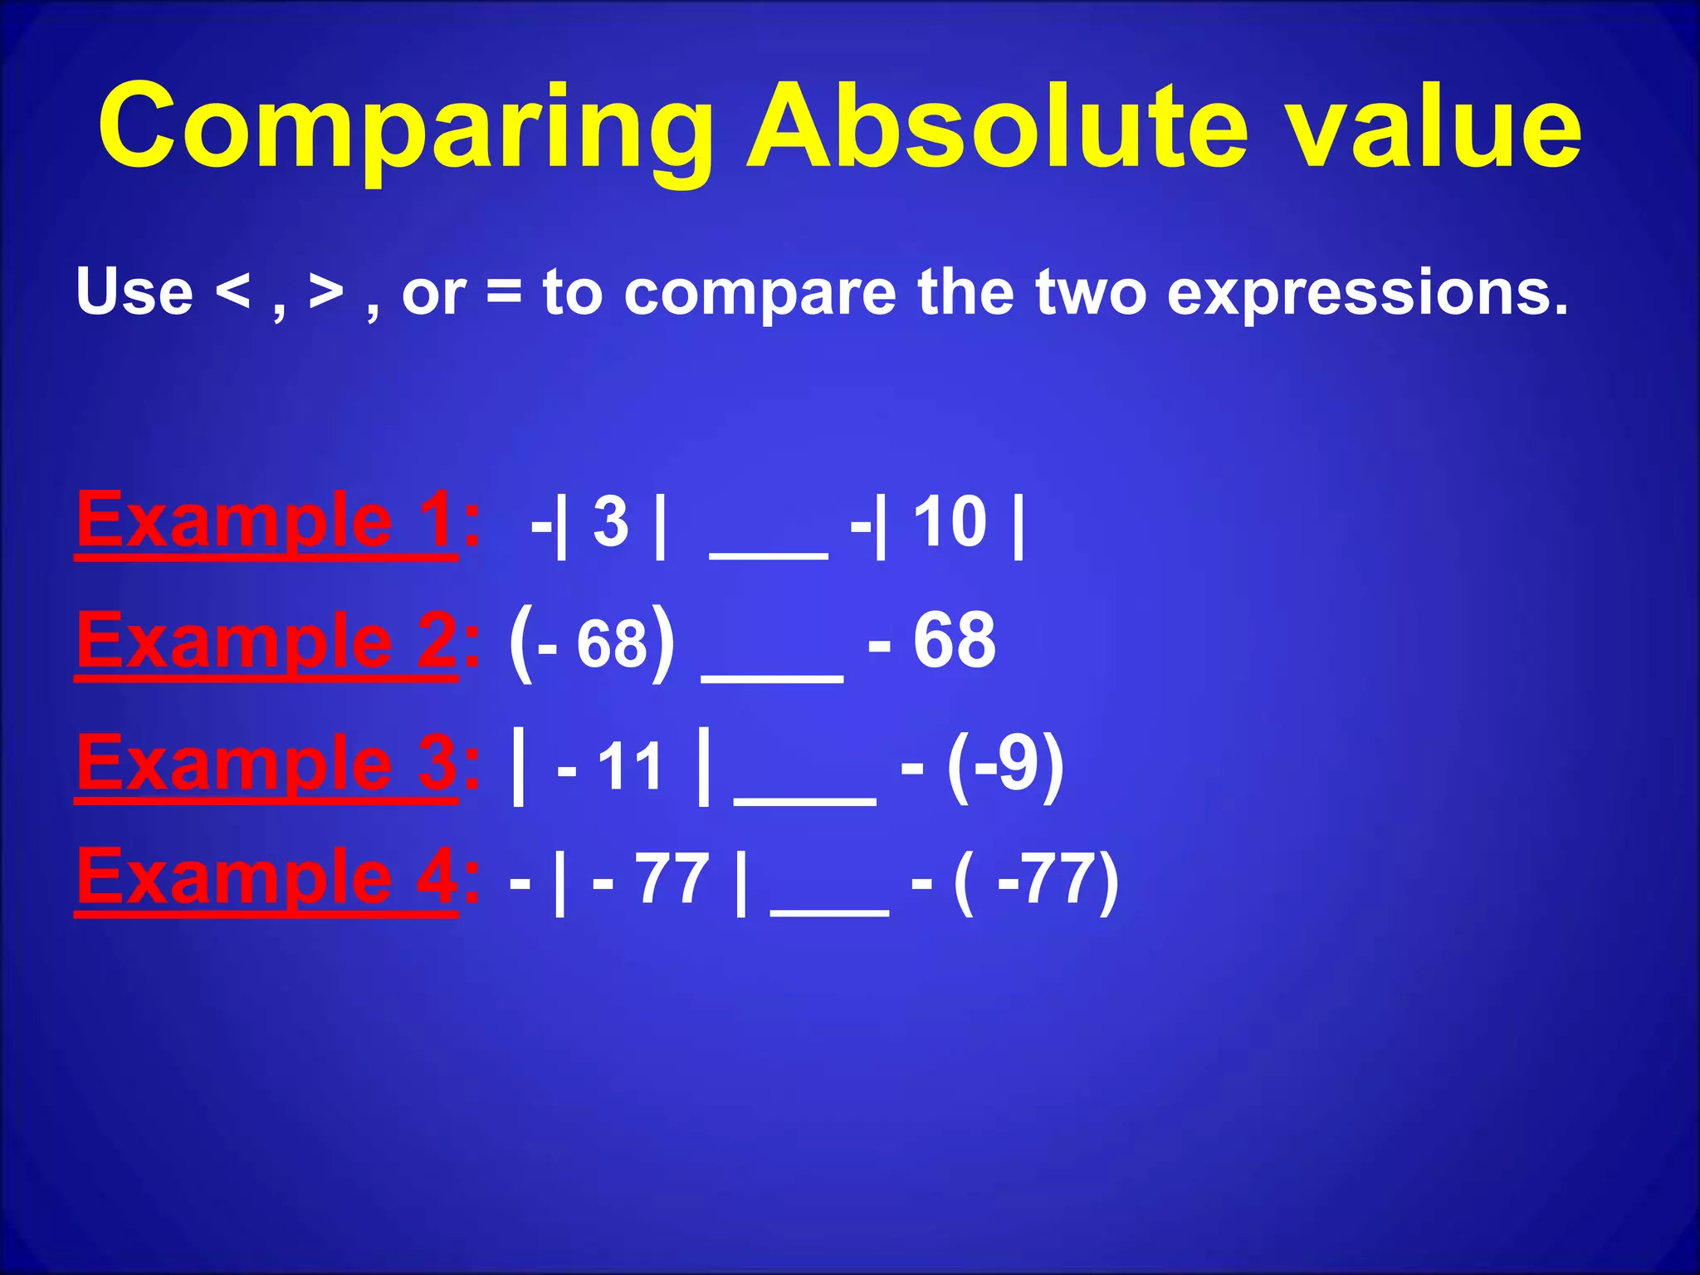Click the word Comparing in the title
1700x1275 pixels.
(406, 129)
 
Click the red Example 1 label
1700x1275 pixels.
(266, 521)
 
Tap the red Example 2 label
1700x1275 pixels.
(266, 642)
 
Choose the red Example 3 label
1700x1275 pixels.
(266, 765)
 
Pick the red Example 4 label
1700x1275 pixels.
(266, 878)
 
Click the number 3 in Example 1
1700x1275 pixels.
(611, 523)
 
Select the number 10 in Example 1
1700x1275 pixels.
(950, 523)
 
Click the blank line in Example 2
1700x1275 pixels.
(772, 677)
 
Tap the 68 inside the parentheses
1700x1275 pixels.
(612, 644)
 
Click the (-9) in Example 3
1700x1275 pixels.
(1005, 765)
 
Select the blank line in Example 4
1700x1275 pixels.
(829, 911)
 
